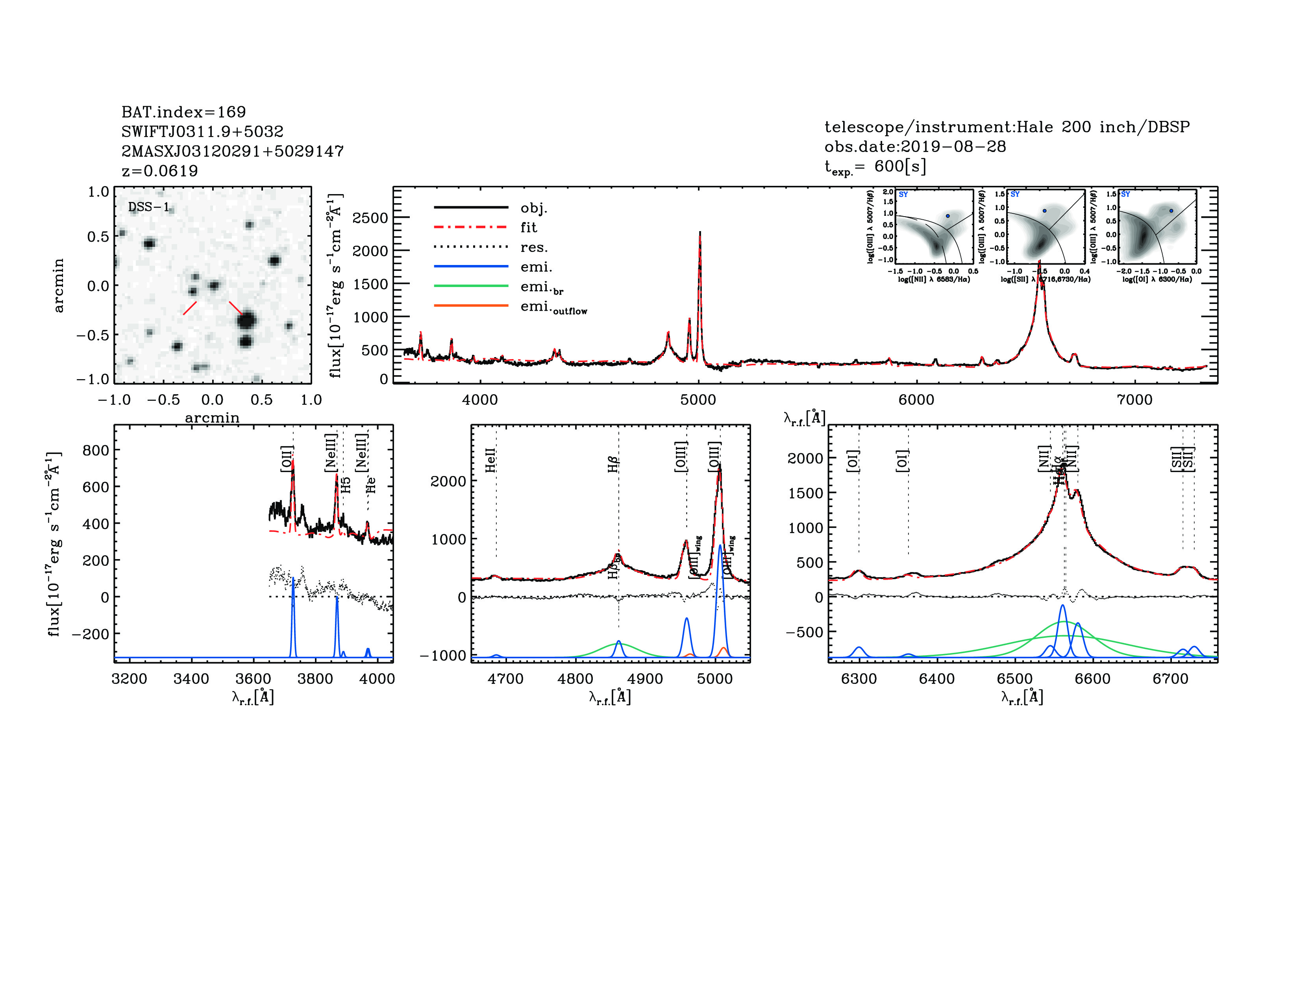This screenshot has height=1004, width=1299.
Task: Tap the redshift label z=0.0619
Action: click(159, 171)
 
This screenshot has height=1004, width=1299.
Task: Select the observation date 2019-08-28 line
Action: click(915, 146)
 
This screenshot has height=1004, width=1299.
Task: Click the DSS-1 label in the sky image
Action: click(149, 207)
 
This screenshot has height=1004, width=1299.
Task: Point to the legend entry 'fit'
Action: click(528, 227)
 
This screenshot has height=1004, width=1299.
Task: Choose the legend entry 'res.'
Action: click(533, 247)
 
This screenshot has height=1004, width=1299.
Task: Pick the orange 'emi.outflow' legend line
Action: click(471, 306)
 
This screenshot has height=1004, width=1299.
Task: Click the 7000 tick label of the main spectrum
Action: click(1134, 400)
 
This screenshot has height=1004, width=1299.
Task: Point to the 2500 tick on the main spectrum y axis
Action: click(370, 218)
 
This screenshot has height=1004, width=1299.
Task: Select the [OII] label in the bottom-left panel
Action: click(287, 459)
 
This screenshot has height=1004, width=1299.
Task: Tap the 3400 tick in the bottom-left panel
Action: click(191, 679)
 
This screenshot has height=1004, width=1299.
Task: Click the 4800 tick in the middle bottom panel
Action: click(575, 679)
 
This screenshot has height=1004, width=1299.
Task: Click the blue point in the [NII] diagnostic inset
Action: click(947, 216)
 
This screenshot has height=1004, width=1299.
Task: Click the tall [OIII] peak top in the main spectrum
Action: click(699, 233)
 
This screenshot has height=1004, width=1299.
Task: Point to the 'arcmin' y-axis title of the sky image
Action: click(58, 285)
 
